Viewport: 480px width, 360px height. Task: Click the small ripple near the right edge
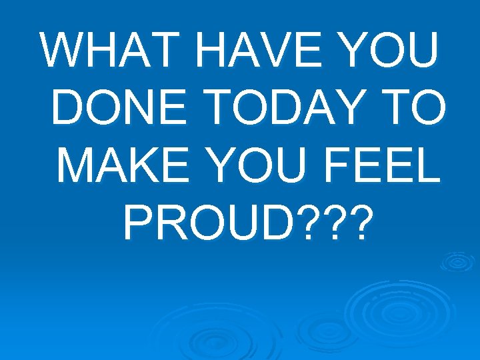tap(458, 261)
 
